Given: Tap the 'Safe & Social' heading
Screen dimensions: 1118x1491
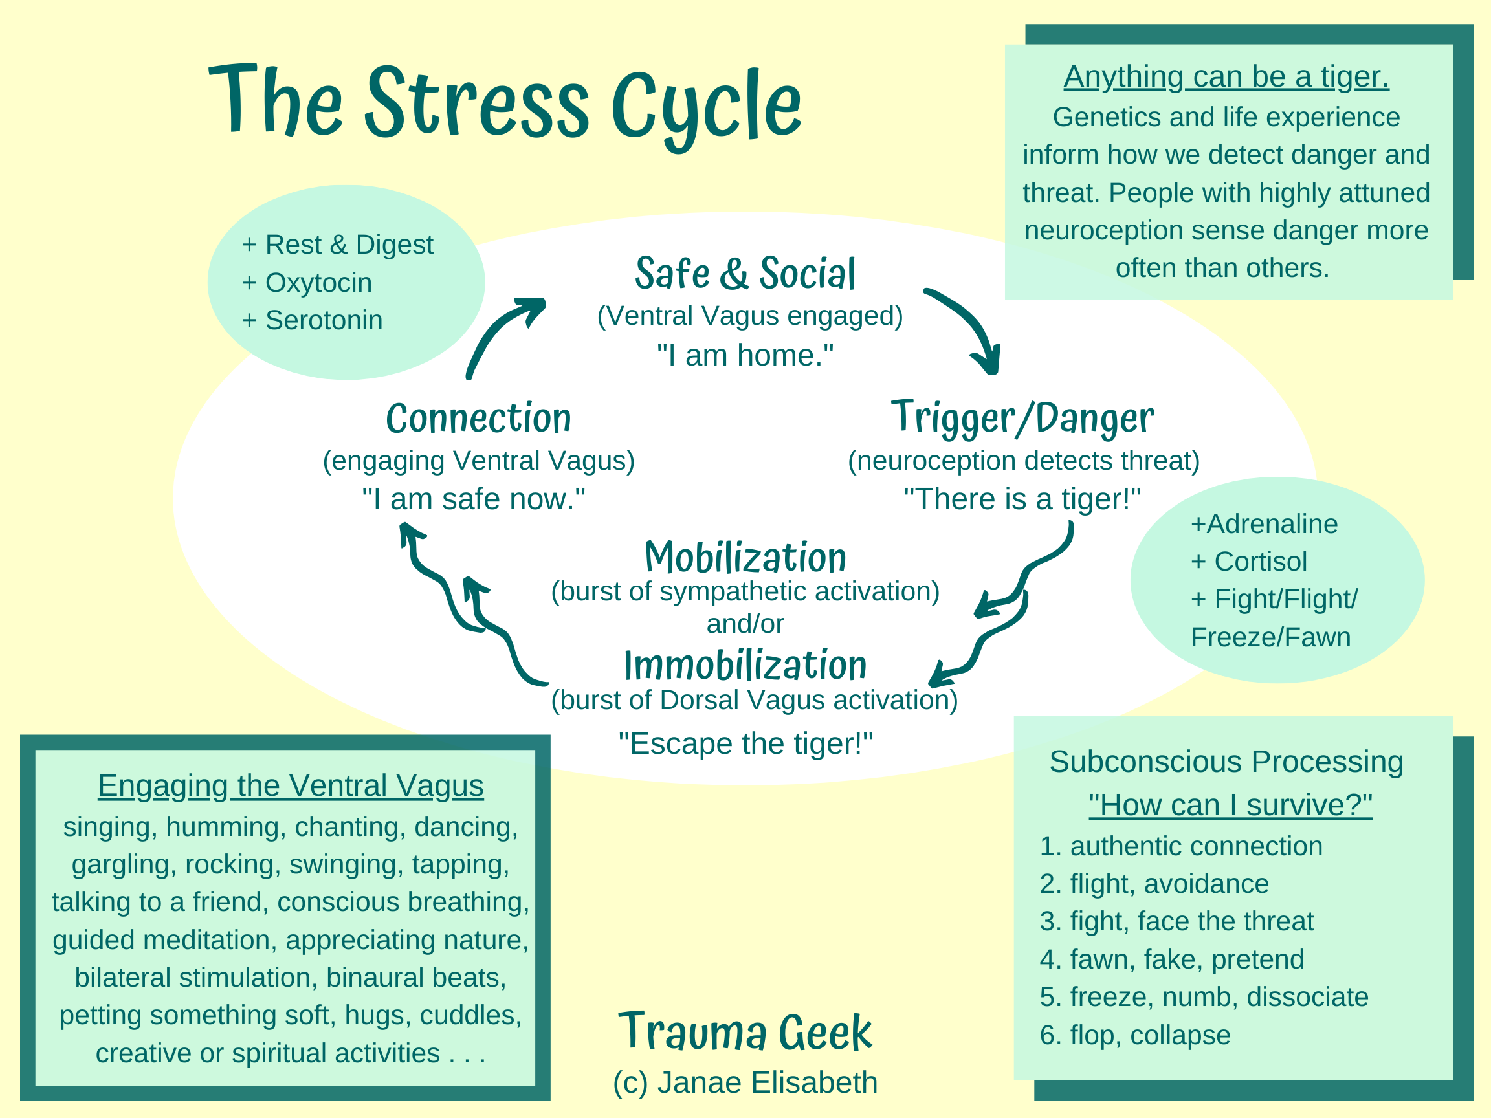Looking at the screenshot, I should (745, 274).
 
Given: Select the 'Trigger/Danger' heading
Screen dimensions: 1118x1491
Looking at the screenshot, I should (1022, 418).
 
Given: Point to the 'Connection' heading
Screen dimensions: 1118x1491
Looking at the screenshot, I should (479, 418).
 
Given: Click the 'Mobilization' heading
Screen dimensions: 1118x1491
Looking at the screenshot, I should (745, 558).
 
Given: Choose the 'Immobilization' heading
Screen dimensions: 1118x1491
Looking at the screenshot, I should (745, 666).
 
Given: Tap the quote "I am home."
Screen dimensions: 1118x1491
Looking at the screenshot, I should (745, 355).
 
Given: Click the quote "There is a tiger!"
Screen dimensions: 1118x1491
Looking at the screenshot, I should (1022, 499).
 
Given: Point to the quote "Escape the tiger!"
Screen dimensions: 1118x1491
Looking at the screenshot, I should (745, 744).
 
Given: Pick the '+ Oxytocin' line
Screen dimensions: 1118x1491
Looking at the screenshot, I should (307, 283).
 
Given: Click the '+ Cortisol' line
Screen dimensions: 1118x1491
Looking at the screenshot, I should (1248, 562).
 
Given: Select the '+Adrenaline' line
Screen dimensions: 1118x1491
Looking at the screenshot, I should (1264, 523).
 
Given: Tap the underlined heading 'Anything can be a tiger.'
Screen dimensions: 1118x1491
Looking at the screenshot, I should (1226, 77).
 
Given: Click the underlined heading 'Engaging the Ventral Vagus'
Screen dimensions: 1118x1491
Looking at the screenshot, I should (291, 785).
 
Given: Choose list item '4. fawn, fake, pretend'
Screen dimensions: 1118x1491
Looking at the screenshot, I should (1171, 959).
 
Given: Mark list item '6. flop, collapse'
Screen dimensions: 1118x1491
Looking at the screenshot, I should (1135, 1035).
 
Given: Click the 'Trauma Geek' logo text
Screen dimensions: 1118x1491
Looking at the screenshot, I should (745, 1033).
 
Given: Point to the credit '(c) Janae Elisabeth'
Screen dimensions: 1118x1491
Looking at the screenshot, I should (745, 1083).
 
